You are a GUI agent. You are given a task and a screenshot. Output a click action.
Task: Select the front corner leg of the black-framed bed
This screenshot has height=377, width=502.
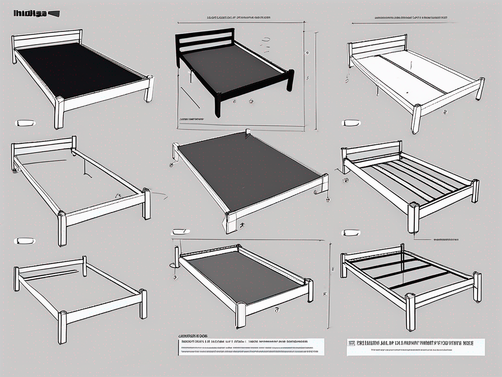click(217, 106)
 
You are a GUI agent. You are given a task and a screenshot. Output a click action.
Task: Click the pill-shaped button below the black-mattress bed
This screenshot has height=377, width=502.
click(25, 123)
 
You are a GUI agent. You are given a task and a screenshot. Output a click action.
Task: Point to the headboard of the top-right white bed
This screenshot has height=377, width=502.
click(377, 45)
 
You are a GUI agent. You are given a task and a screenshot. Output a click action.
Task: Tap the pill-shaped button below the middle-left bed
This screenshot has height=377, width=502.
click(25, 241)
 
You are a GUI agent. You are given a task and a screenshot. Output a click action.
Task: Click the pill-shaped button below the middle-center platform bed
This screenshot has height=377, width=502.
click(180, 231)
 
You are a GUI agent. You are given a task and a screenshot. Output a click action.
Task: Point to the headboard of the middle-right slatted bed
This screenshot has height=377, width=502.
click(373, 150)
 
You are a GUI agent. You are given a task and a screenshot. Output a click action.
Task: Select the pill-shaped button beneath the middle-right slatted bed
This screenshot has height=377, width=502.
click(351, 232)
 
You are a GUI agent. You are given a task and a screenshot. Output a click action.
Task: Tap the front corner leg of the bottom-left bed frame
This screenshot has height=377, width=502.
click(62, 326)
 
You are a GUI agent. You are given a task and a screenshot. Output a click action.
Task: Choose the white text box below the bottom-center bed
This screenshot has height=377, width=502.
click(250, 346)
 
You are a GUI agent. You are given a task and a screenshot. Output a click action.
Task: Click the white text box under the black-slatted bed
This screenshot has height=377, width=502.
click(416, 347)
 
